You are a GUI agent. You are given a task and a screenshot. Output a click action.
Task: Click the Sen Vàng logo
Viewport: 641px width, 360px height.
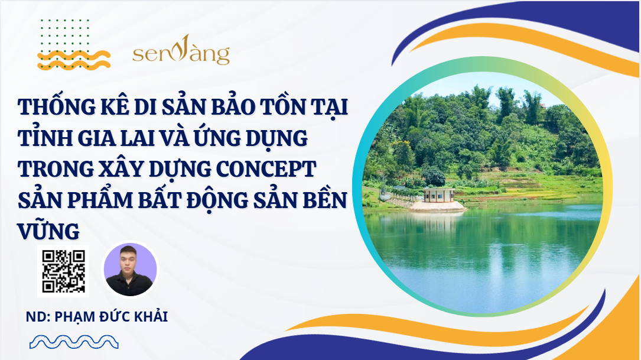coord(181,50)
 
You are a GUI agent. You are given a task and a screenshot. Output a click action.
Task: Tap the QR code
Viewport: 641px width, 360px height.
coord(63,271)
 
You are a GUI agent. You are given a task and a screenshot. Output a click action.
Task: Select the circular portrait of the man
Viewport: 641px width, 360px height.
coord(130,270)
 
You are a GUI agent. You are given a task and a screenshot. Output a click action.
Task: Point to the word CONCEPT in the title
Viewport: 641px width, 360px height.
coord(266,168)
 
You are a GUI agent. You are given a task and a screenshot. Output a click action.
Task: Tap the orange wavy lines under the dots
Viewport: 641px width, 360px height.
coord(74,60)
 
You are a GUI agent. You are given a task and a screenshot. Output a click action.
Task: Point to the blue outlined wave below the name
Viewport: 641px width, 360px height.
coord(74,342)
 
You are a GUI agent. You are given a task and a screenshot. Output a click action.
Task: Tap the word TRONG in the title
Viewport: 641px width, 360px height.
coord(56,169)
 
